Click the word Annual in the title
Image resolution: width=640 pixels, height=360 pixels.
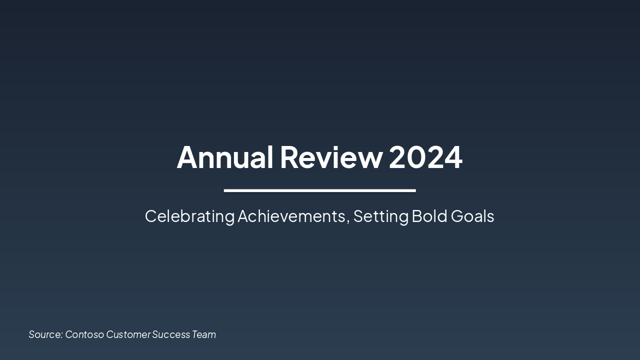(x=225, y=157)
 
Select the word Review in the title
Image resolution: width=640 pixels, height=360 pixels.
(x=331, y=157)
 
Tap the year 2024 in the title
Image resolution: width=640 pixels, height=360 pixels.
(x=425, y=157)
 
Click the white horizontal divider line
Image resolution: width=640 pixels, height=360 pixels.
(x=319, y=190)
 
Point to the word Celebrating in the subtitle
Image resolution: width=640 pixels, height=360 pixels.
(x=189, y=216)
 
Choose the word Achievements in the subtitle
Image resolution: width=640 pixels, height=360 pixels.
(x=291, y=216)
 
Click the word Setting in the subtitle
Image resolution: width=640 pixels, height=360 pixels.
(x=381, y=216)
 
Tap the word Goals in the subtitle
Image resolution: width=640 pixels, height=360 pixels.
(x=472, y=216)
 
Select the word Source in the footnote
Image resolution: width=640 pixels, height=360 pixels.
(x=45, y=334)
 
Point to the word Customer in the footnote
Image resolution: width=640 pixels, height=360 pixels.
(x=128, y=334)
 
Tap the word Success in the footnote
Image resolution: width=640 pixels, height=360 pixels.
(x=171, y=334)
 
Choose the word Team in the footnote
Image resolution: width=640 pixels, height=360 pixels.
(x=204, y=334)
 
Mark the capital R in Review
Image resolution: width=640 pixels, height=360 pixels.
(x=290, y=157)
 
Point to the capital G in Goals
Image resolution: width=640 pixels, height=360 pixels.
(x=457, y=216)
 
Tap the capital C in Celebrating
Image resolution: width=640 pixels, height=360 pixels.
(x=150, y=216)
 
